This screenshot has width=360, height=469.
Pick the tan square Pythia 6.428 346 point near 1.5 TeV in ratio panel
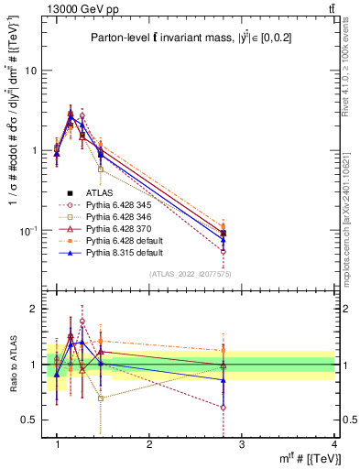pyautogui.click(x=101, y=398)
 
